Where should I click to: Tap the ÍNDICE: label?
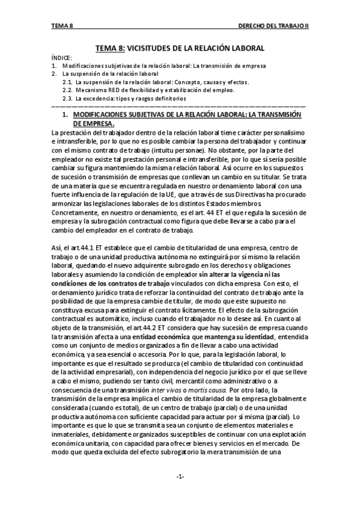pyautogui.click(x=62, y=57)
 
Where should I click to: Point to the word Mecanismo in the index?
pyautogui.click(x=90, y=90)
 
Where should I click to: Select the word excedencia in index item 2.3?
pyautogui.click(x=97, y=98)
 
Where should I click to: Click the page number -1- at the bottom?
pyautogui.click(x=180, y=477)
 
